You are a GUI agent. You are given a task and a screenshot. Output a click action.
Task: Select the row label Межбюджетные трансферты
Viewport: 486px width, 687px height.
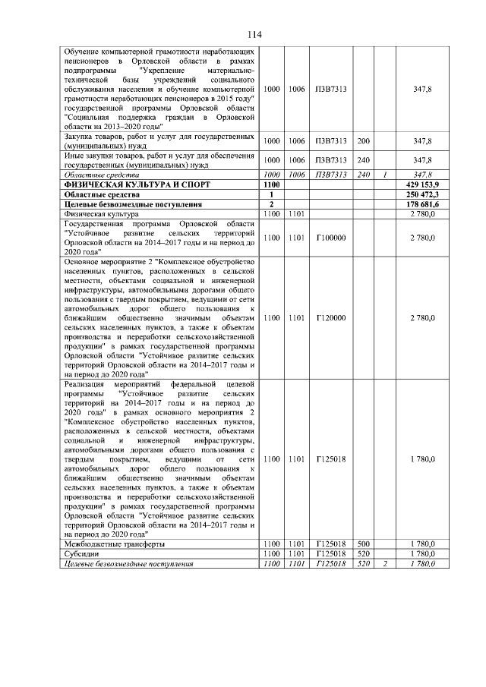(115, 544)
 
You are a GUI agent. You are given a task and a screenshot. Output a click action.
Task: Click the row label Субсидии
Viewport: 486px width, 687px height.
(81, 554)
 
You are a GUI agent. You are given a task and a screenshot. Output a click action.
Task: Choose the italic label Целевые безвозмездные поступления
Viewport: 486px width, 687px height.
(128, 564)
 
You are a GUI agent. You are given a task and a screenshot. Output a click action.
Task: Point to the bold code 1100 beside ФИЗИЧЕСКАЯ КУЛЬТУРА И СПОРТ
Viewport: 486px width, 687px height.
(270, 184)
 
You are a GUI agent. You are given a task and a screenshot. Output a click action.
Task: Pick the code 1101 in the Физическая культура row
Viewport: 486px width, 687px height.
(296, 215)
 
